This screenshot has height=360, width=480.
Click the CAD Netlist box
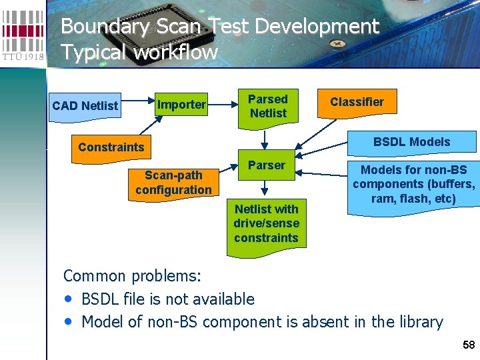[85, 106]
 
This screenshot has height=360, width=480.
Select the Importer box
[181, 105]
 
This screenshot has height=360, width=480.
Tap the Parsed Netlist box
[267, 106]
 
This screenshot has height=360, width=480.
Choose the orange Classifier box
[357, 102]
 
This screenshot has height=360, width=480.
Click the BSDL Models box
[411, 142]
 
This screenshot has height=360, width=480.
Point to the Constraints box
[111, 147]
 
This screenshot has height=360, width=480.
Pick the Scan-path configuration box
[173, 182]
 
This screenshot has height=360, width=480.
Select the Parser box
[267, 165]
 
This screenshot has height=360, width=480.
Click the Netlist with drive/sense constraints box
[267, 223]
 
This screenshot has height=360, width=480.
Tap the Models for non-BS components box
[413, 185]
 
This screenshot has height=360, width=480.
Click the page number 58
[469, 345]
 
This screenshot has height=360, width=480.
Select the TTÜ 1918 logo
[23, 33]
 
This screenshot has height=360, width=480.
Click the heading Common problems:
[132, 276]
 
